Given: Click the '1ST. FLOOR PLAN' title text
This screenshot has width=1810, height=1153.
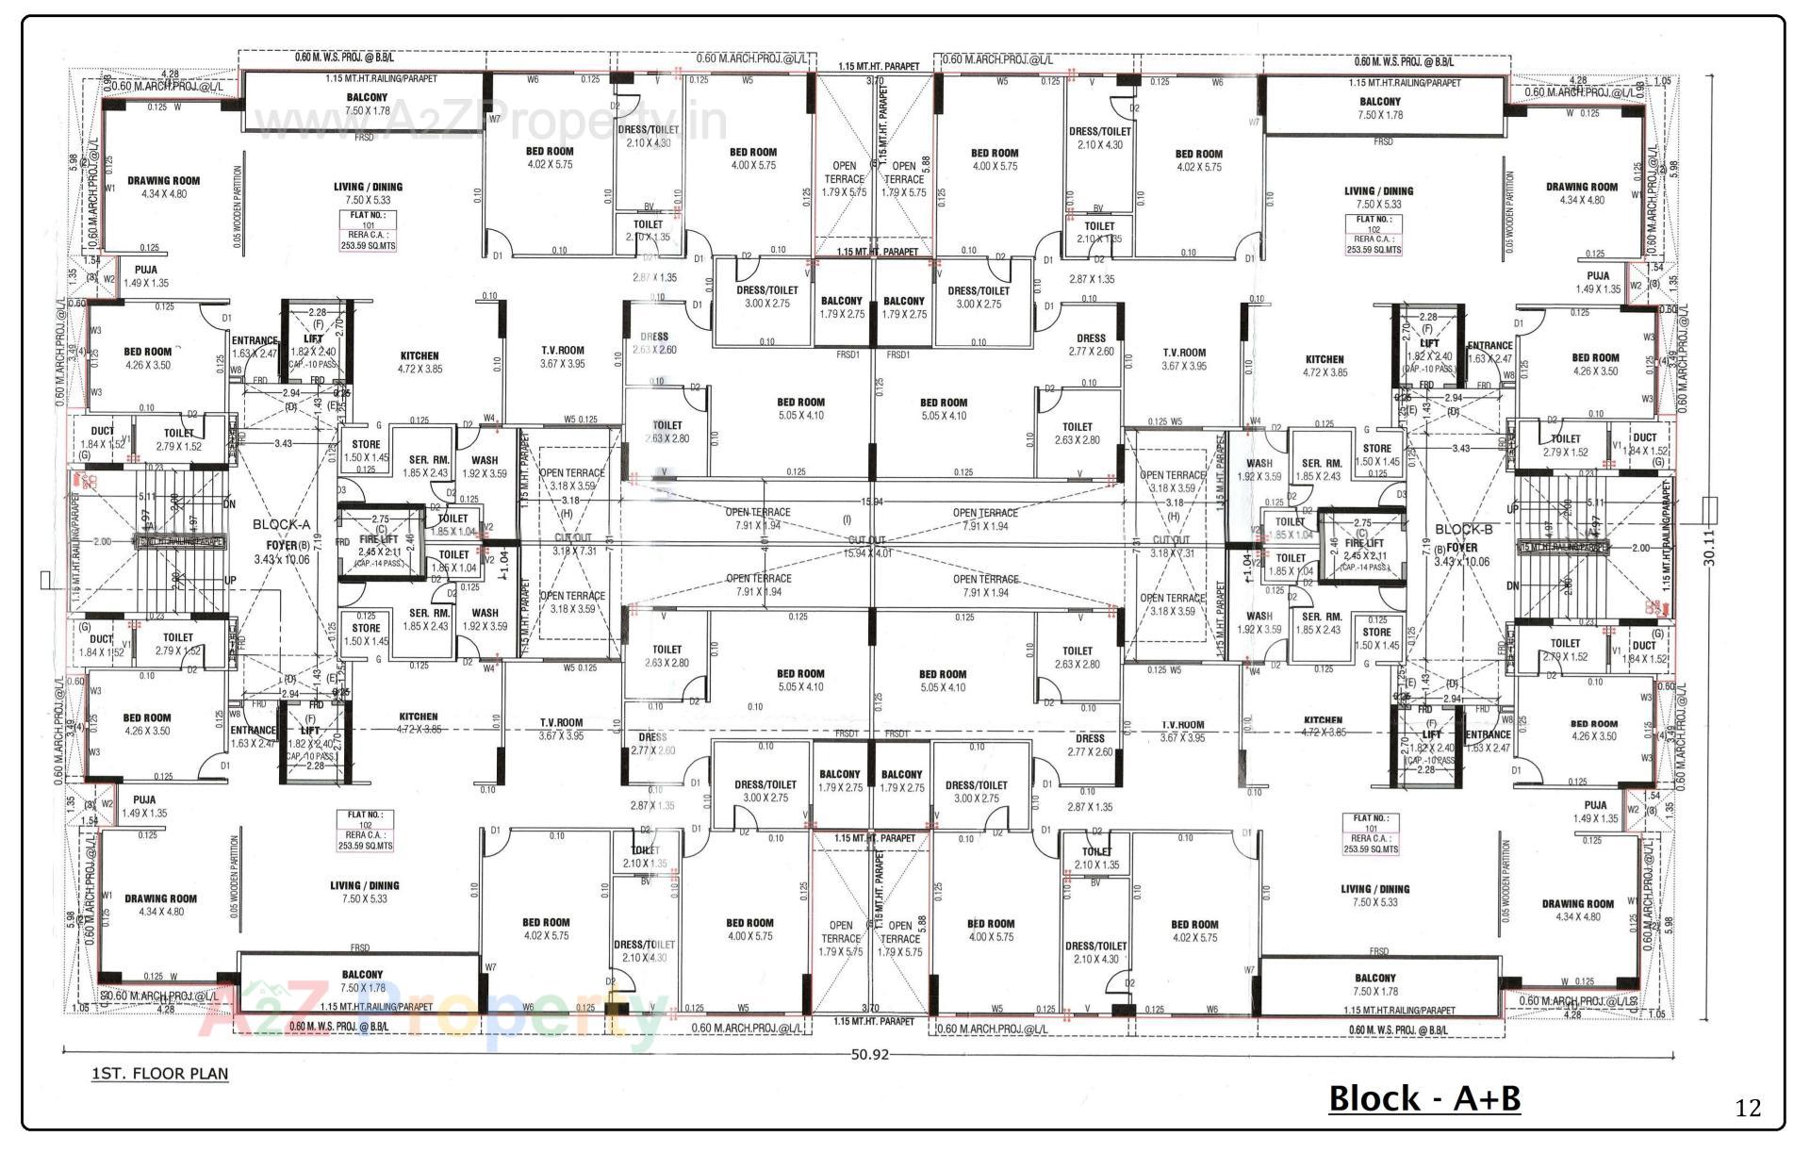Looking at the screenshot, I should click(x=159, y=1073).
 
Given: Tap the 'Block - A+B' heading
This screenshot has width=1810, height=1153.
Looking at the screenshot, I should click(x=1423, y=1098).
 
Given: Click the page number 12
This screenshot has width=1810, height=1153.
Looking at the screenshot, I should click(x=1747, y=1108).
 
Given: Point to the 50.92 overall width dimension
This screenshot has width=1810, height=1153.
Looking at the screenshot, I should click(x=869, y=1054).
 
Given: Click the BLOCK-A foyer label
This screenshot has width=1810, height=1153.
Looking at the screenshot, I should click(x=281, y=525).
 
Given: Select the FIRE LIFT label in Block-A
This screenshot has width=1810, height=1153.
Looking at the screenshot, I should click(x=377, y=540).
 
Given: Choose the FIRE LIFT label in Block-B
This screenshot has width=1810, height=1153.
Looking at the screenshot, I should click(x=1363, y=544).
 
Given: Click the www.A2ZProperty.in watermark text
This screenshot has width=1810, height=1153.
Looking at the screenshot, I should click(x=490, y=124).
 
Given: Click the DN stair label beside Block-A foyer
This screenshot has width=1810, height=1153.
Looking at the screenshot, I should click(x=229, y=504).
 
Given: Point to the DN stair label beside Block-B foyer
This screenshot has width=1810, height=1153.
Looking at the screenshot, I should click(x=1512, y=585).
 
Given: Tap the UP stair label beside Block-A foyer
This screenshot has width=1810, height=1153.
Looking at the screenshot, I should click(x=230, y=581).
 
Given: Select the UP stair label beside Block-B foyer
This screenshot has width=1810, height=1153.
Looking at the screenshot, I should click(x=1512, y=509).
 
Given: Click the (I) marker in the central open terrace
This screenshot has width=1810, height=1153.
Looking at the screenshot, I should click(x=846, y=519).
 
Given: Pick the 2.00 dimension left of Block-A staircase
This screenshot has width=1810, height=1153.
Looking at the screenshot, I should click(x=103, y=541).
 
